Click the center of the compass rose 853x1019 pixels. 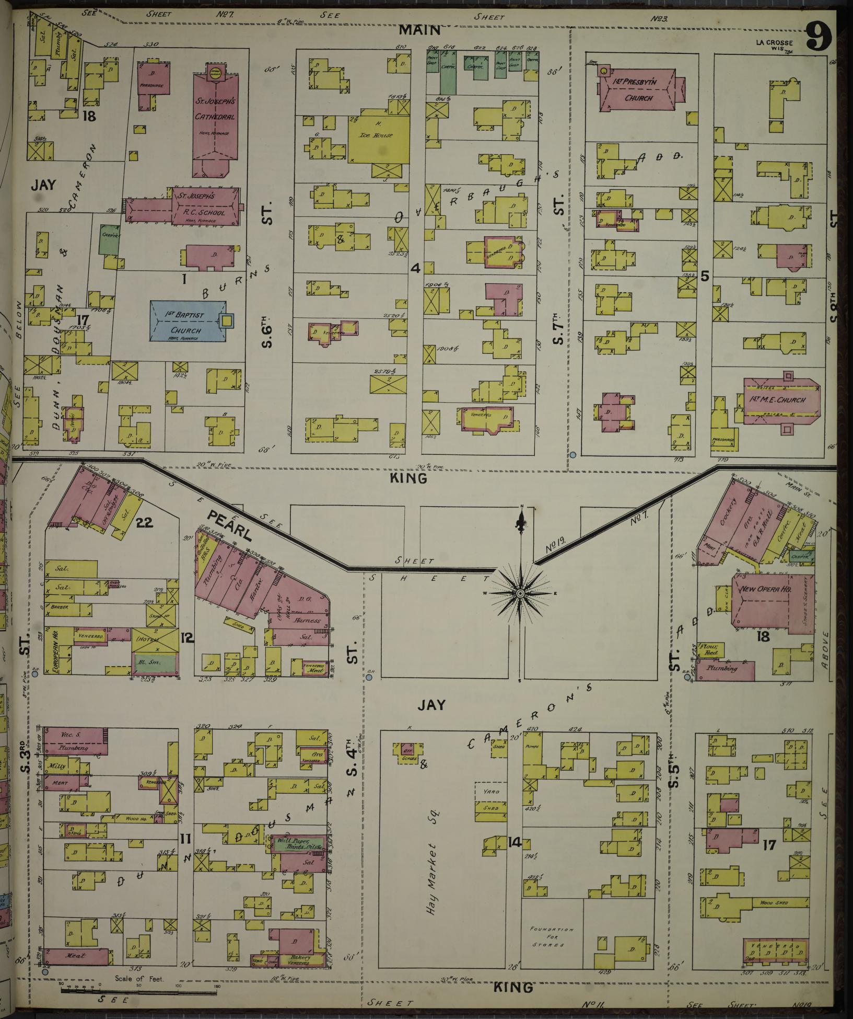point(521,594)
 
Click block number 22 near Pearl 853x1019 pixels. point(144,522)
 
